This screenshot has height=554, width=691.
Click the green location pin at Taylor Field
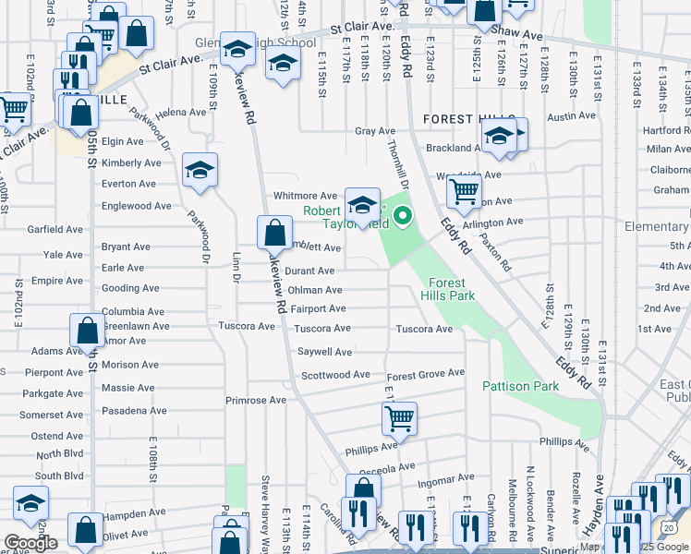[x=403, y=218]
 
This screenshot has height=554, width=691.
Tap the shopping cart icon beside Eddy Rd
[x=464, y=192]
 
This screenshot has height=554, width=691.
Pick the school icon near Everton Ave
[x=200, y=170]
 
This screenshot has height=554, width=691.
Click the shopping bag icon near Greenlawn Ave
[x=86, y=331]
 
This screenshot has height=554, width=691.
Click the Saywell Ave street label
[x=324, y=352]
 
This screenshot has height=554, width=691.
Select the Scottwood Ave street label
[x=335, y=375]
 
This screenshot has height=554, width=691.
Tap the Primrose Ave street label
[x=256, y=401]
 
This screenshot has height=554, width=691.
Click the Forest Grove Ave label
[x=425, y=373]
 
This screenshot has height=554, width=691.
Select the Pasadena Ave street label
[x=134, y=410]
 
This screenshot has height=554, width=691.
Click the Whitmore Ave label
[x=305, y=196]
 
